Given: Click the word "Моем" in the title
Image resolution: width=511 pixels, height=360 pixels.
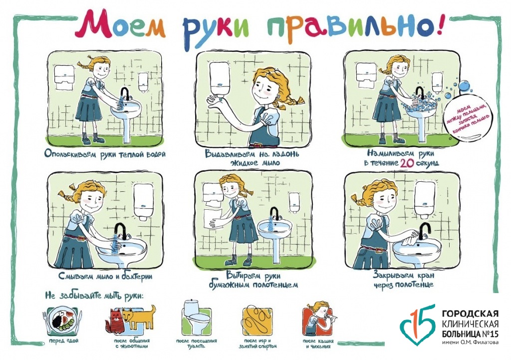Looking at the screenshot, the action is [x=120, y=23].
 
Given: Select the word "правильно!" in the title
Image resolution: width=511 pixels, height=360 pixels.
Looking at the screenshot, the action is [x=355, y=25].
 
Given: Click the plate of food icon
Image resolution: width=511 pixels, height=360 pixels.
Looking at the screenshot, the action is [x=62, y=320].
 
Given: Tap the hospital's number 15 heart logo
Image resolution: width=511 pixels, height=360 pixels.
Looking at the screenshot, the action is [x=418, y=325].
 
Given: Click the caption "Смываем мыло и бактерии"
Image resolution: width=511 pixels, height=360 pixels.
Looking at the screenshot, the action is [x=105, y=276].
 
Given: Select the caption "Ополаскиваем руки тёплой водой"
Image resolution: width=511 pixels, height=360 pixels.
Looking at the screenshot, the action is [x=105, y=154].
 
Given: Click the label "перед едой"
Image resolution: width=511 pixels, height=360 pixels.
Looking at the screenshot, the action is [x=63, y=341].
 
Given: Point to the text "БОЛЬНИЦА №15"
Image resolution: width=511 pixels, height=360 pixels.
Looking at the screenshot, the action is [x=470, y=334].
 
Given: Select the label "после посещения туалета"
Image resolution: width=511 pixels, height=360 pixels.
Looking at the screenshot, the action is [x=197, y=344].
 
